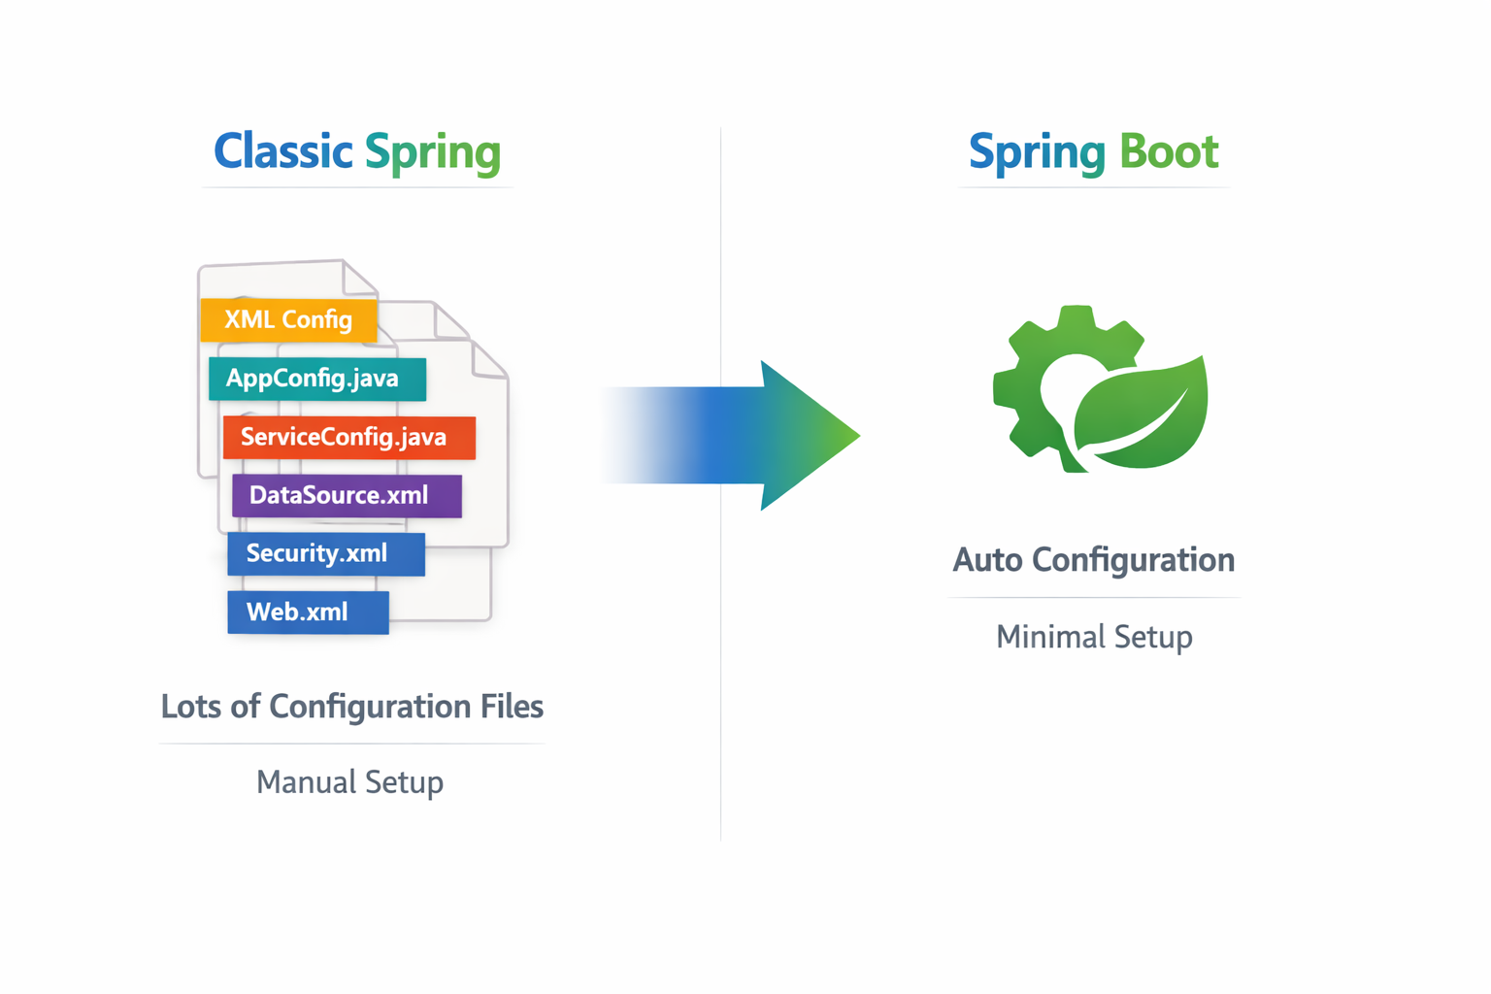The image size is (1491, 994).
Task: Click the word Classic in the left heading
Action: click(282, 151)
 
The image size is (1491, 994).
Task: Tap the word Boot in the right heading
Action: click(1169, 151)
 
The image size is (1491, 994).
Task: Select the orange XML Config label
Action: click(288, 320)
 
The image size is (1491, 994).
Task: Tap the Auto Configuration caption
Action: click(1093, 560)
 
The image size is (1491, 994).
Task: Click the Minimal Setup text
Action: click(1094, 637)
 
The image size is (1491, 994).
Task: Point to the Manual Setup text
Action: click(349, 782)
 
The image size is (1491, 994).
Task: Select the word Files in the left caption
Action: click(512, 707)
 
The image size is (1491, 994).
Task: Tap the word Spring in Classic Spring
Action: click(433, 153)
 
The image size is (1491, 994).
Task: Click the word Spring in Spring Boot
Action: click(1037, 153)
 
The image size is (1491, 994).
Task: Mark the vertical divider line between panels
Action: click(720, 679)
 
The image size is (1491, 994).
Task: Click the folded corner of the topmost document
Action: click(358, 278)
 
